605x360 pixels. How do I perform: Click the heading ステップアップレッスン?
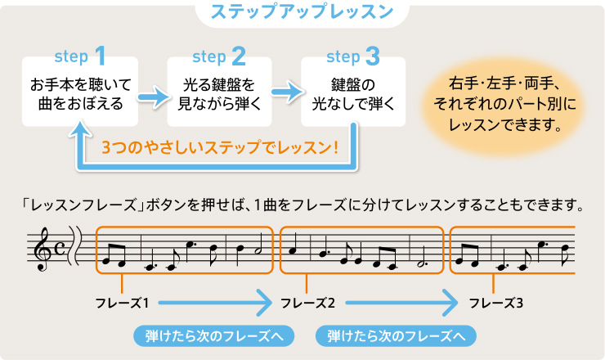[x=302, y=13]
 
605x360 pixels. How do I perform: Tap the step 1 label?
[x=79, y=56]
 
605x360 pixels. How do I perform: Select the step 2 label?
[x=218, y=56]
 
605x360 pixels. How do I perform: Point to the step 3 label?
[x=352, y=56]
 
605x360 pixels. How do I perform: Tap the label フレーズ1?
[x=121, y=304]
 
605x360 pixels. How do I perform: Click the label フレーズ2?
[x=308, y=304]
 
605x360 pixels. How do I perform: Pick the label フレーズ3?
[x=496, y=304]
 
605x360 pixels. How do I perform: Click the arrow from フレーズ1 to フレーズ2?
[x=214, y=304]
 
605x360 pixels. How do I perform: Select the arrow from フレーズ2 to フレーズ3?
[x=401, y=304]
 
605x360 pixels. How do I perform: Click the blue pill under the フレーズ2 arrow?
[x=396, y=335]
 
